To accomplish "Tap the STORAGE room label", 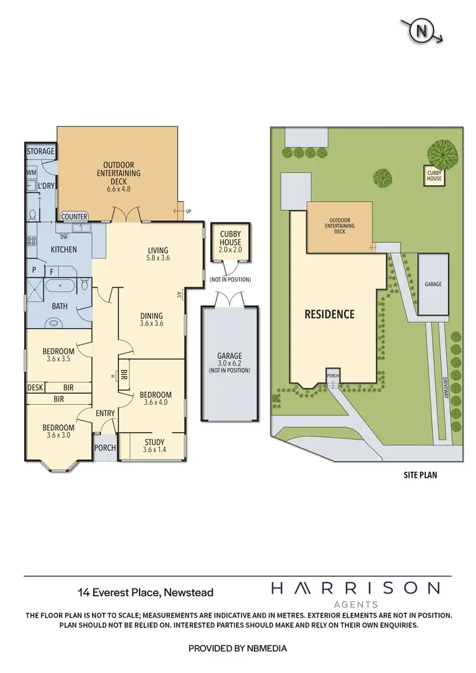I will [x=41, y=152].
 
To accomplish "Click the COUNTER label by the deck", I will [x=74, y=217].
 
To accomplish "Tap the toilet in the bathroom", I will [x=84, y=285].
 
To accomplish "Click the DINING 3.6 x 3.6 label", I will [x=151, y=319].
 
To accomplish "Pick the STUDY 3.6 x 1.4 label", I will [x=154, y=446].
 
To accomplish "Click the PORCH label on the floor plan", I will [x=105, y=448].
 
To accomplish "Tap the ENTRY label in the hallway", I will [x=105, y=414].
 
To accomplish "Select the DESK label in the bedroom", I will [x=34, y=388].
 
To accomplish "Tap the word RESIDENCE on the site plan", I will [x=329, y=314].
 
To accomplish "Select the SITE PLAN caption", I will [x=420, y=474].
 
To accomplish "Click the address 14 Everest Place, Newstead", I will [x=145, y=592].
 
